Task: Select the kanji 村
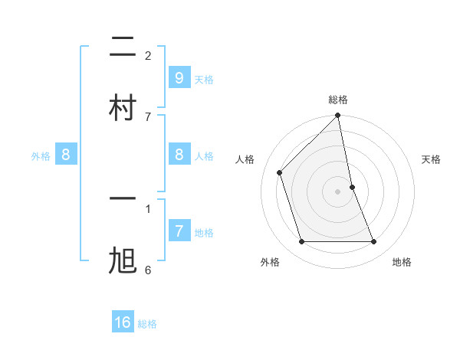[123, 107]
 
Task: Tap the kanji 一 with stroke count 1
[123, 198]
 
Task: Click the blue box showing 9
[179, 77]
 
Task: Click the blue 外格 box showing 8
[66, 155]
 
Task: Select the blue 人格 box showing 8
[179, 155]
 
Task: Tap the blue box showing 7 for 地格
[179, 231]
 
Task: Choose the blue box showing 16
[123, 322]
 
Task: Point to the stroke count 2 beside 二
[148, 56]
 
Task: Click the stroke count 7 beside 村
[148, 116]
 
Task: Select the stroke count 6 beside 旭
[148, 270]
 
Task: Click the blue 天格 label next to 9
[204, 79]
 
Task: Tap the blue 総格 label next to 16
[147, 324]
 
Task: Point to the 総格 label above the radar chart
[338, 100]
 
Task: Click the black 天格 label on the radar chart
[431, 159]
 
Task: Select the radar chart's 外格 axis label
[270, 262]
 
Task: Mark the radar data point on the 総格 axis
[338, 116]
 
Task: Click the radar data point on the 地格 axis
[374, 242]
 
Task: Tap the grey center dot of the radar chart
[338, 191]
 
